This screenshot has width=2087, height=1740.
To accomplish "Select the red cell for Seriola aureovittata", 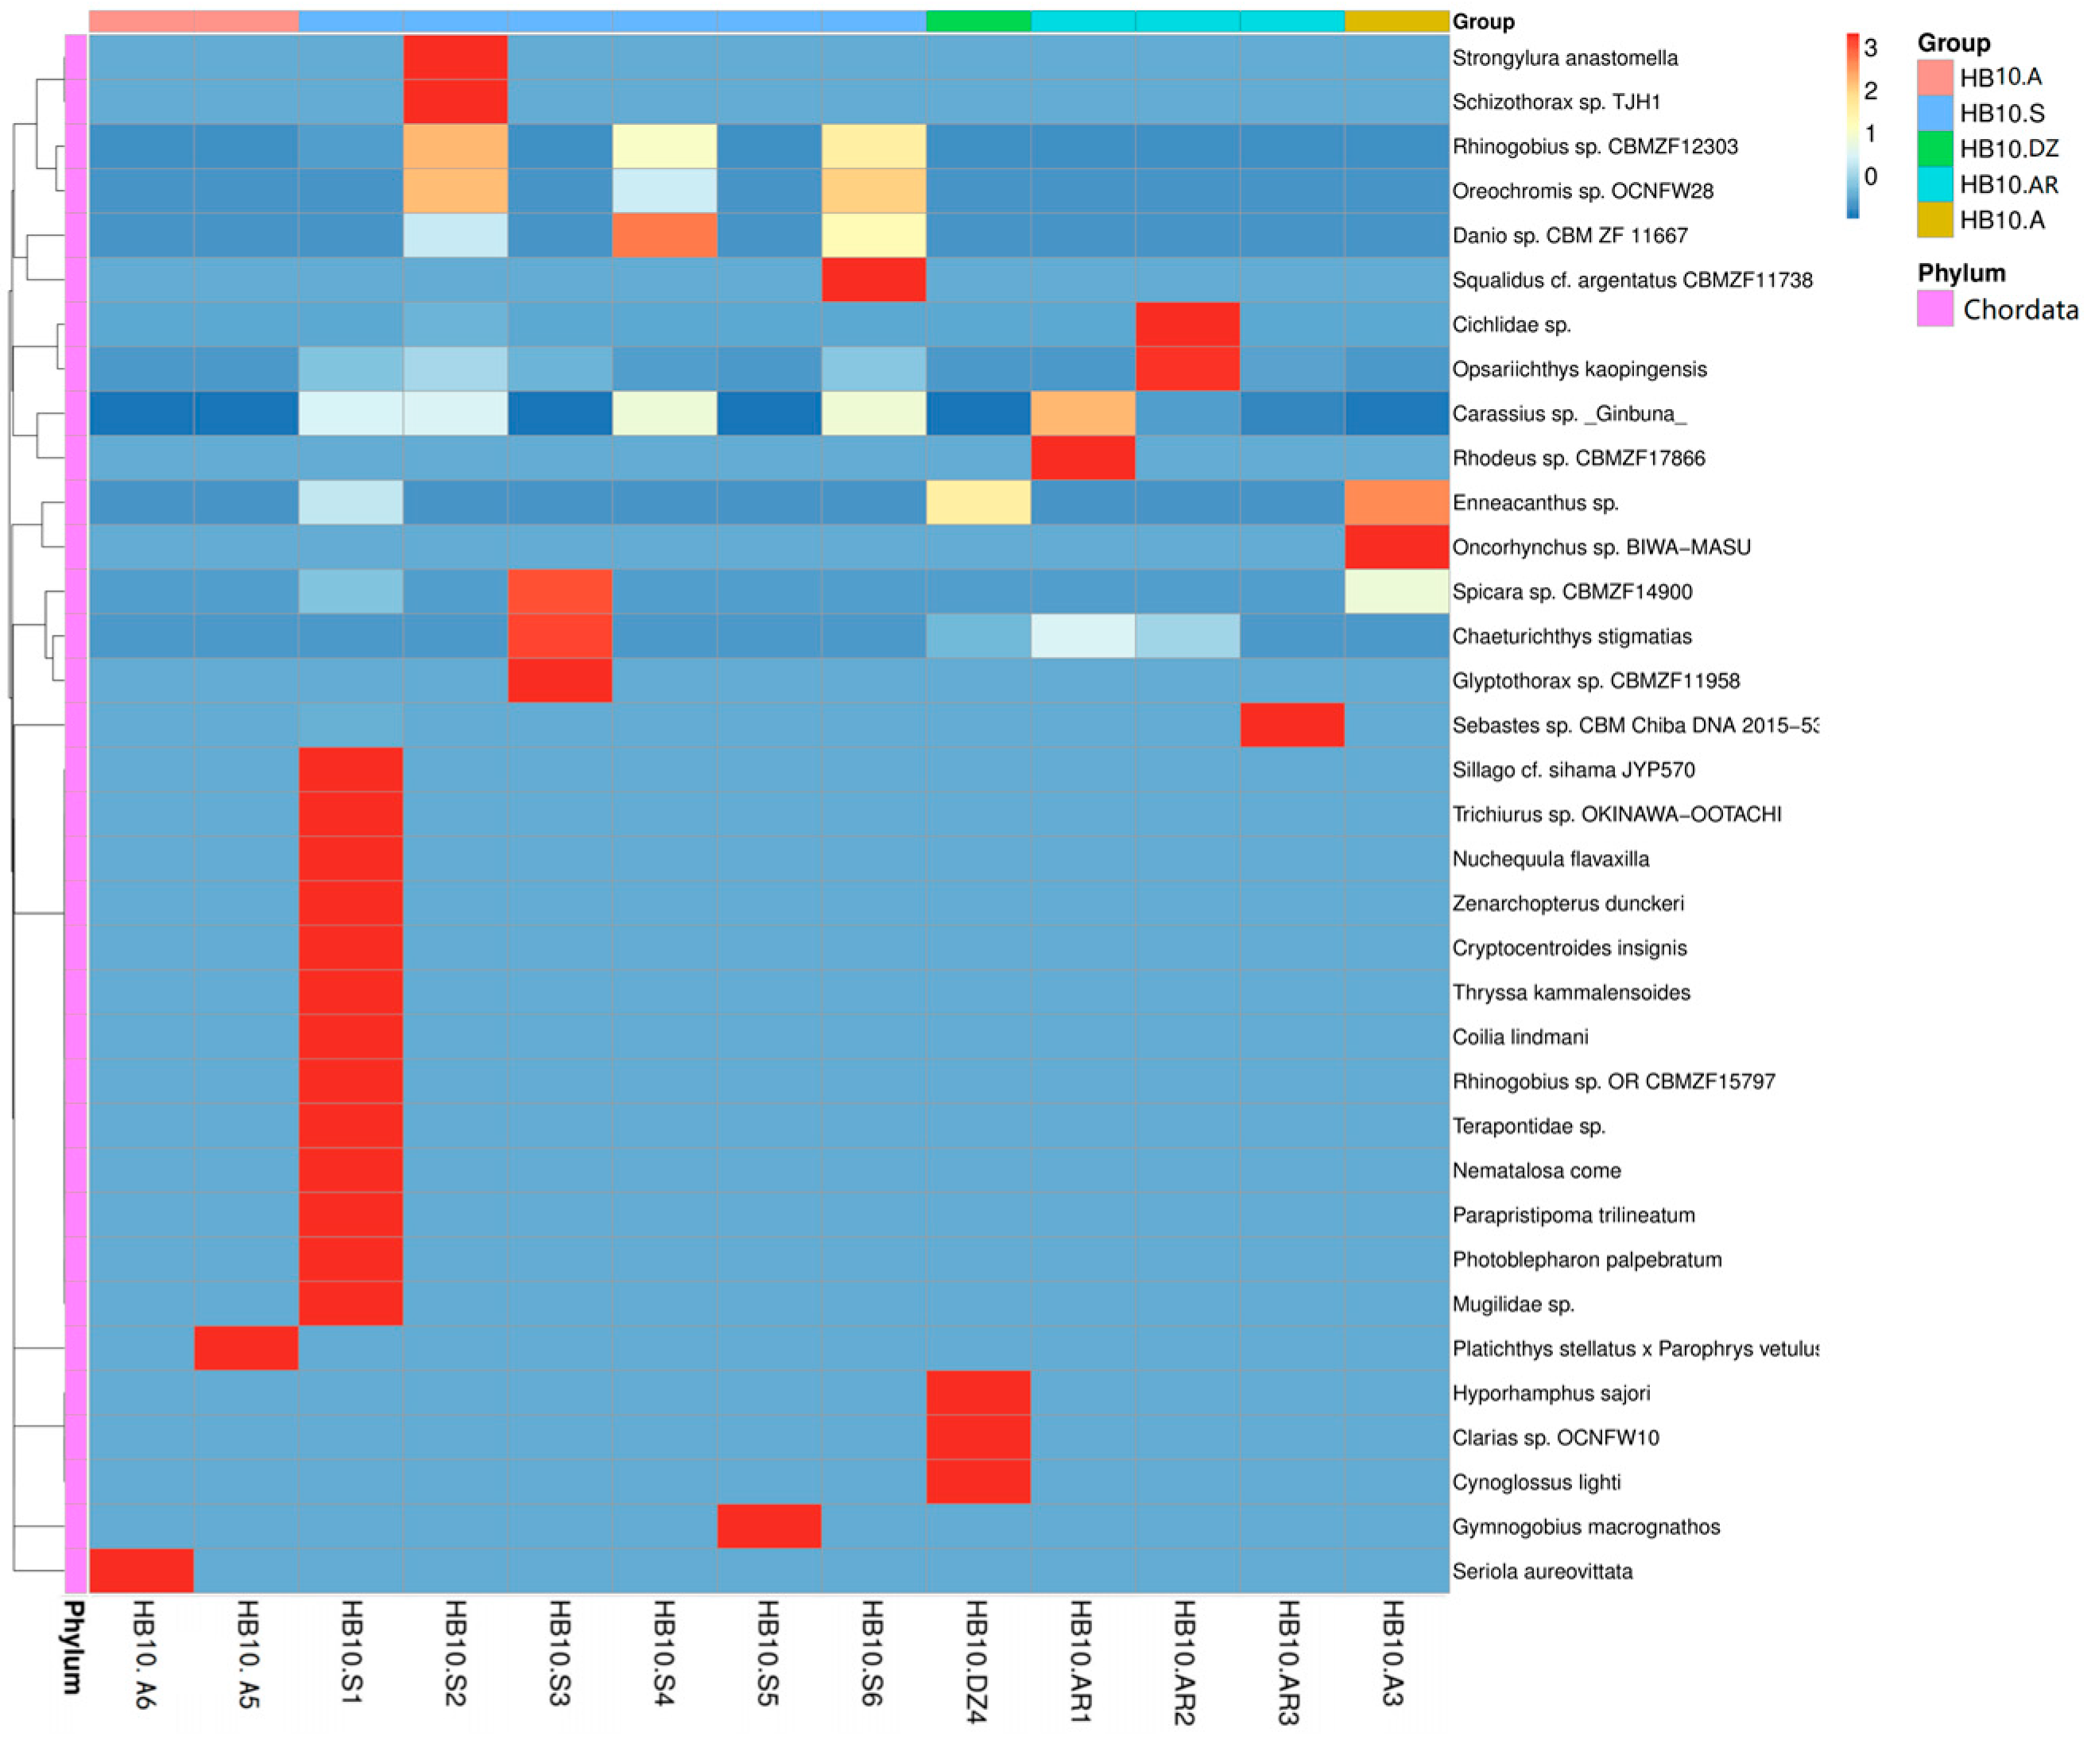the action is (x=142, y=1571).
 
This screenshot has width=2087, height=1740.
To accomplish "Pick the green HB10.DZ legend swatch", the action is (x=1935, y=148).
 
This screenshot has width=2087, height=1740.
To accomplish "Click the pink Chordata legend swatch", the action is (x=1935, y=309).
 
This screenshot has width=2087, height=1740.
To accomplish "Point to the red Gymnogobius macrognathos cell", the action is (x=769, y=1526).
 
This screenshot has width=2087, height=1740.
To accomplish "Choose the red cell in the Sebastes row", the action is (x=1292, y=725).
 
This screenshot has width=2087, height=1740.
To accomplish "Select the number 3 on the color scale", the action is (x=1870, y=48).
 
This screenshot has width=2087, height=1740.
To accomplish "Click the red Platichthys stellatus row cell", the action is (x=246, y=1348).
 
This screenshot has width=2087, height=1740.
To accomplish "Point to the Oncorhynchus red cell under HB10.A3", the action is (x=1396, y=547).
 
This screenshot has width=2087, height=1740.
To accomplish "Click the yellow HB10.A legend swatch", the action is (x=1935, y=219).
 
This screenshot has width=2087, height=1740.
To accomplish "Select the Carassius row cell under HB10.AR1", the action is (x=1083, y=413).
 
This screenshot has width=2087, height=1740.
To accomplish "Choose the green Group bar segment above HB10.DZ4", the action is (x=978, y=21).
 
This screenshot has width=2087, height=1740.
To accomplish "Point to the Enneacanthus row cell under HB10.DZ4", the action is (x=978, y=503).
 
